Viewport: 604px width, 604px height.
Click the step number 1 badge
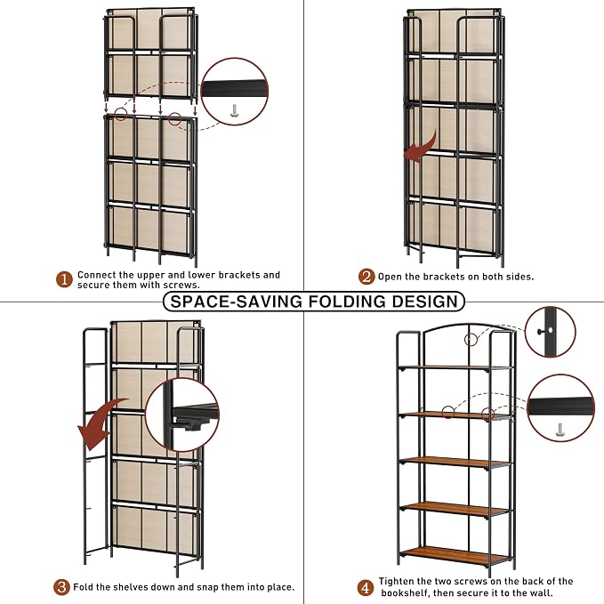[x=64, y=279]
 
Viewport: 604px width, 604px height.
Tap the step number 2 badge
[x=366, y=277]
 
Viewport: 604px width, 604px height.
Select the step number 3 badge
[x=61, y=587]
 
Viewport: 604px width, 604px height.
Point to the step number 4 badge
[x=366, y=588]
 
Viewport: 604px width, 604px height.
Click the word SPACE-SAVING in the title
[x=237, y=302]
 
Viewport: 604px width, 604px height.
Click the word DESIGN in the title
[x=425, y=302]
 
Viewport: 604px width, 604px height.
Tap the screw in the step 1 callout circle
[x=234, y=110]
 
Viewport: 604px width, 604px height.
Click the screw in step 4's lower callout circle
[x=560, y=431]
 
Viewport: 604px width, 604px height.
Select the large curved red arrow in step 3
[x=101, y=423]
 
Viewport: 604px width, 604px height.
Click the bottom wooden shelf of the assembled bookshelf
[x=455, y=555]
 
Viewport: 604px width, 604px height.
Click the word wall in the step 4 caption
[x=542, y=592]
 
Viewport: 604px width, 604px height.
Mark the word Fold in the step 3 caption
[x=83, y=587]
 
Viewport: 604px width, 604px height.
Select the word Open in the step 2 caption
[x=389, y=277]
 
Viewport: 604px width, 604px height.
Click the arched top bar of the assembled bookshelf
[x=469, y=327]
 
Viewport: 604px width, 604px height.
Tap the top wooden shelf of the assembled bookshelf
[x=455, y=368]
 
